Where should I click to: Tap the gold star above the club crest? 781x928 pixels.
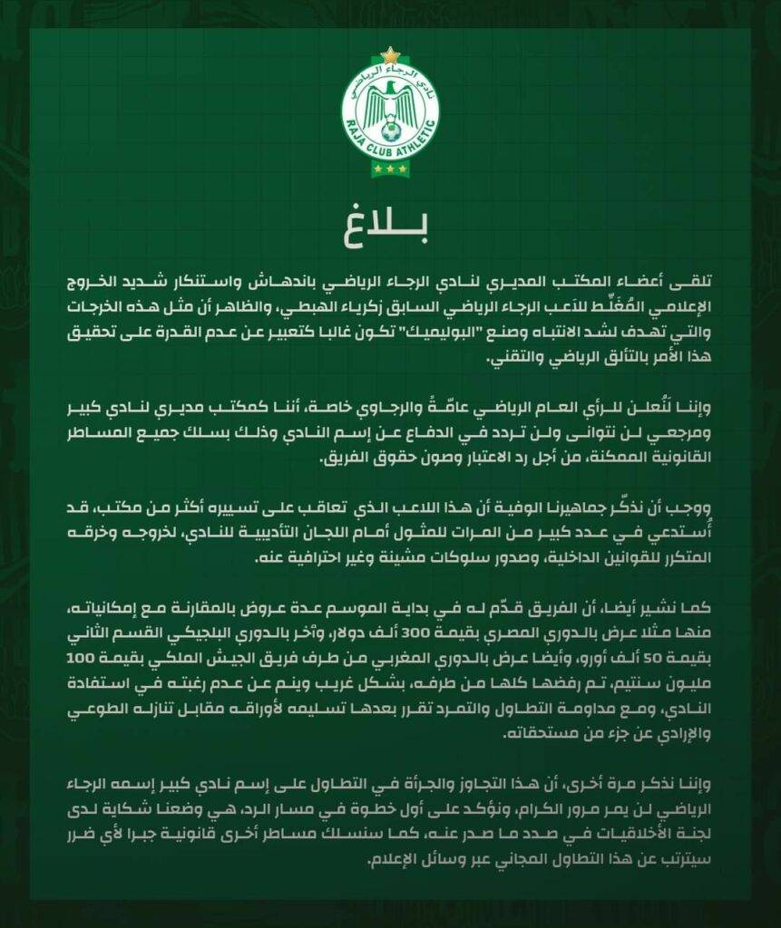(390, 55)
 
